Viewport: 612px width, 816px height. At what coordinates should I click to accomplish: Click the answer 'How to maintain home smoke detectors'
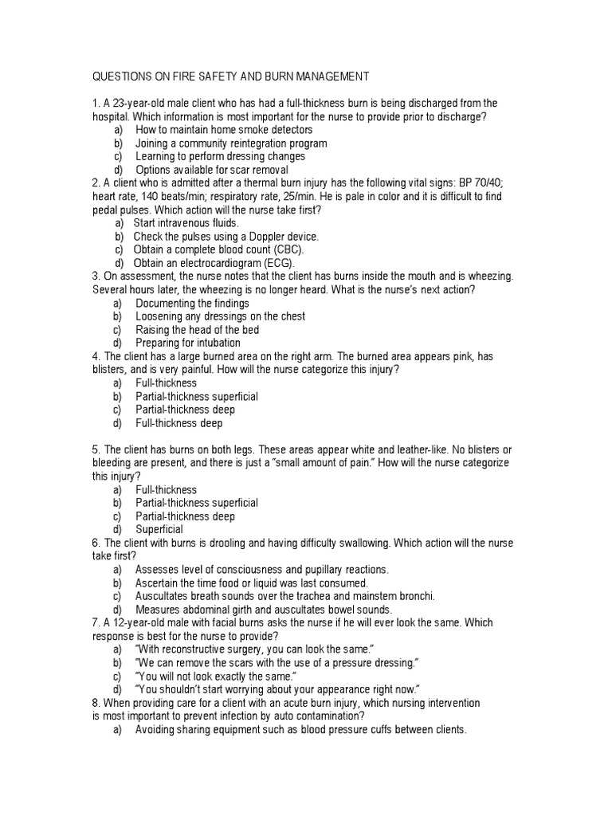coord(224,130)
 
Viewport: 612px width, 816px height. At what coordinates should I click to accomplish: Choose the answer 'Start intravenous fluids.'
coord(186,223)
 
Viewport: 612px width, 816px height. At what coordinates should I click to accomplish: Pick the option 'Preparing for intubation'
coord(187,343)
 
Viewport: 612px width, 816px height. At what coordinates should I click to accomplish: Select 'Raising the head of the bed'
coord(197,330)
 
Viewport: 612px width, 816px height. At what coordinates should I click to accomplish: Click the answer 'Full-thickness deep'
coord(178,423)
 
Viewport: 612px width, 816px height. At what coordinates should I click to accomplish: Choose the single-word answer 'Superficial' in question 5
coord(159,529)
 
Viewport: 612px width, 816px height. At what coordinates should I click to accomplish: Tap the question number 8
coord(96,703)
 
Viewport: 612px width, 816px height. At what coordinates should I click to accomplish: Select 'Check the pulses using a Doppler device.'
coord(226,237)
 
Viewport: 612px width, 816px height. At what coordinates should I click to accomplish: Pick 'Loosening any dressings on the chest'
coord(220,316)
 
